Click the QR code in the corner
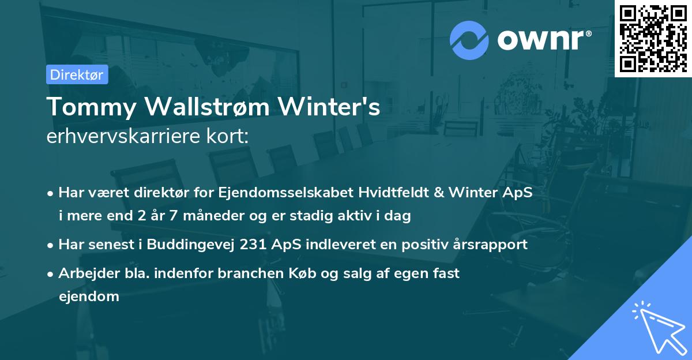653,38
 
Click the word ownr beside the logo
543,40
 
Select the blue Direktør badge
77,74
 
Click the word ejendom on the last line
89,297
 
